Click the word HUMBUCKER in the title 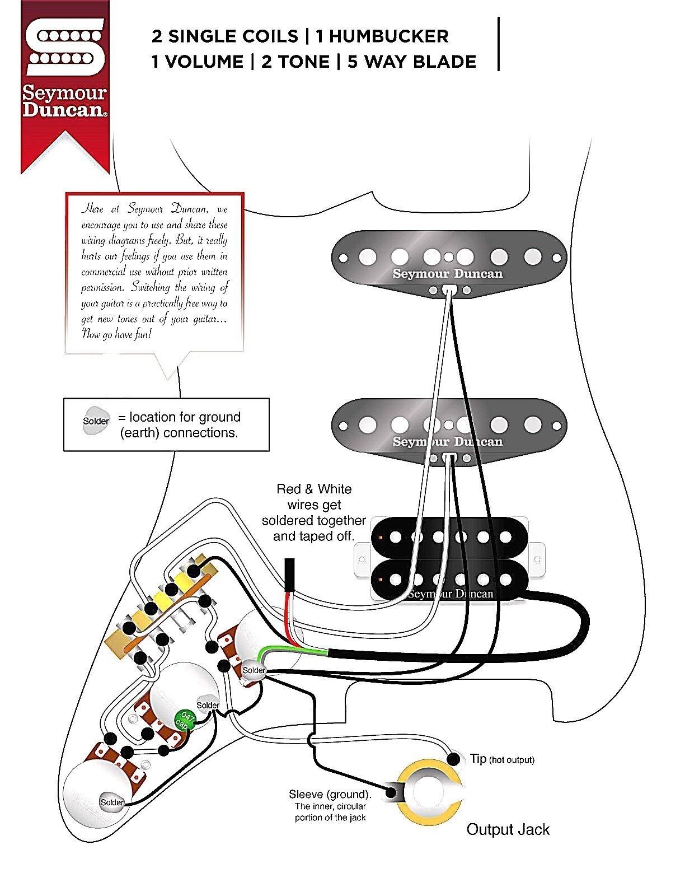click(x=382, y=36)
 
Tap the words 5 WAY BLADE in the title click(x=411, y=61)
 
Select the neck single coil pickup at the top click(x=448, y=260)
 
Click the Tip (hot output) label click(x=501, y=759)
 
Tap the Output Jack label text click(x=508, y=829)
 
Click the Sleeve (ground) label click(x=330, y=794)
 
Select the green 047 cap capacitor click(x=183, y=720)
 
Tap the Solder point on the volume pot click(x=254, y=670)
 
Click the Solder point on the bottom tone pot click(x=112, y=802)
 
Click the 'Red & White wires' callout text click(x=314, y=512)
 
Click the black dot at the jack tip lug click(x=456, y=759)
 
